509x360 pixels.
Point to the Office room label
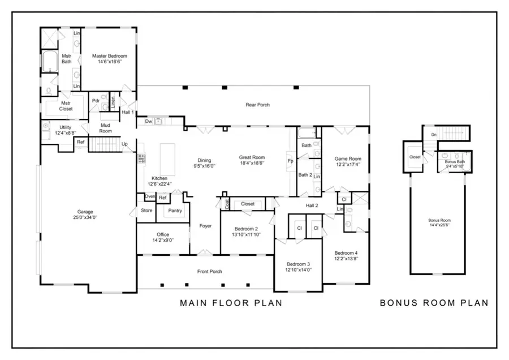point(163,237)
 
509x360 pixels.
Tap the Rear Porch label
point(257,105)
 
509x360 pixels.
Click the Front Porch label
point(209,272)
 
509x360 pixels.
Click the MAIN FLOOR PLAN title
point(231,303)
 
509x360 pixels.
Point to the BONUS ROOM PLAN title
point(433,303)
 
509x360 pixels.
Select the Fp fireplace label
point(290,160)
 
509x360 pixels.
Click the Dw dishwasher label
point(148,121)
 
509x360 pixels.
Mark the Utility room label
point(65,130)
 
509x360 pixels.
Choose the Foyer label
point(205,226)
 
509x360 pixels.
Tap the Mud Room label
point(106,127)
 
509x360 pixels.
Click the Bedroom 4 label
point(346,255)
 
